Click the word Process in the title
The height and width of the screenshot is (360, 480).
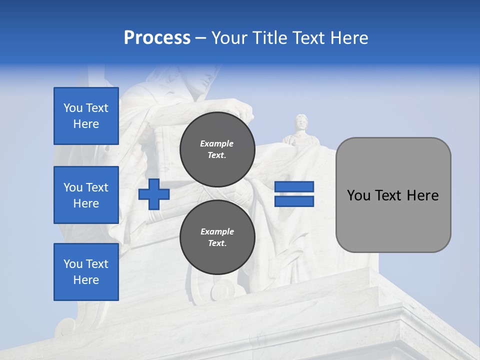point(157,38)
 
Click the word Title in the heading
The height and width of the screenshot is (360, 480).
point(270,38)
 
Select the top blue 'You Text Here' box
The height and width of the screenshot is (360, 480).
point(86,116)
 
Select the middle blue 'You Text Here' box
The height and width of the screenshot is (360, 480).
point(86,195)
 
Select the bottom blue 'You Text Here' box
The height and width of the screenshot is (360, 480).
point(86,272)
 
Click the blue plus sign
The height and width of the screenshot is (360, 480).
point(154,194)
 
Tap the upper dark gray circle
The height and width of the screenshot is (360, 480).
point(217,149)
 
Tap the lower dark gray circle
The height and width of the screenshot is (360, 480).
point(217,237)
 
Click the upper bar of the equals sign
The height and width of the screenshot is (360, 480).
point(294,187)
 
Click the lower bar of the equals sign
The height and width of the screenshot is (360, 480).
point(294,201)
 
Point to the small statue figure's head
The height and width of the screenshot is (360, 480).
point(301,121)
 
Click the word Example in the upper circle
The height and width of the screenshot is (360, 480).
point(217,143)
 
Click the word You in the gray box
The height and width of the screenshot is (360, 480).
point(358,195)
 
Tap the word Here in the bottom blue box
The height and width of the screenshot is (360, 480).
point(86,280)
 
